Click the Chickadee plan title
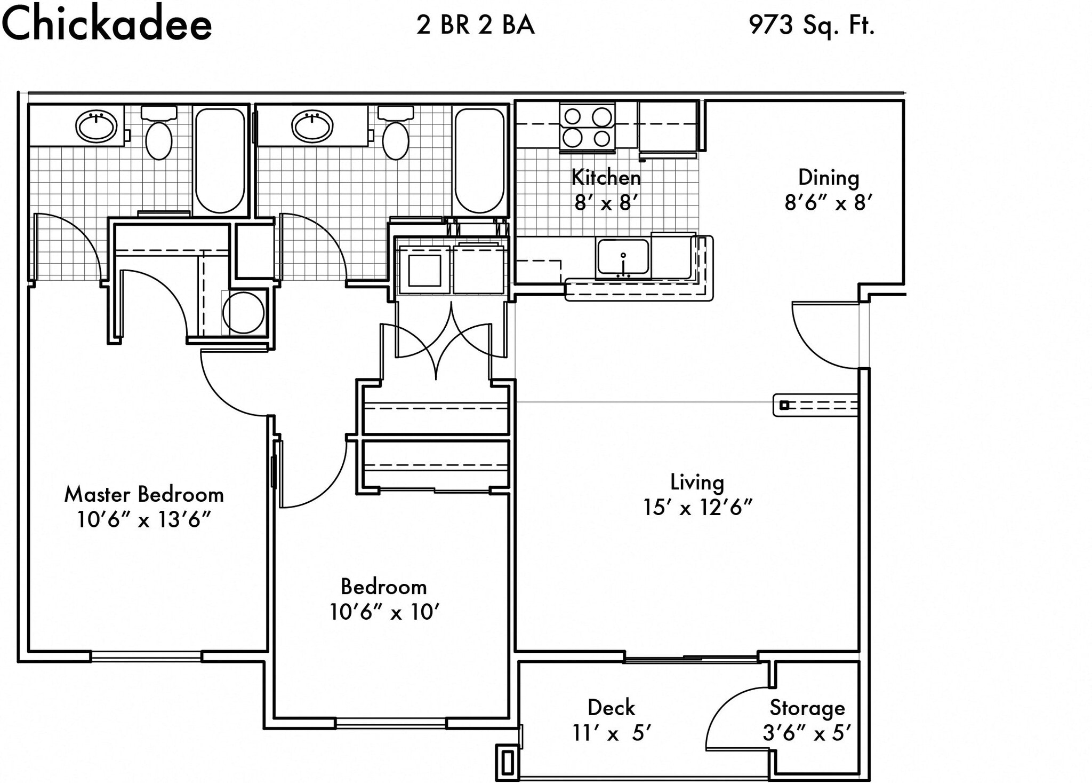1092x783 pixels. [107, 25]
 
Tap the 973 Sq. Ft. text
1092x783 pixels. [811, 25]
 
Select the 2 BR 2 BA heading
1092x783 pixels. [475, 25]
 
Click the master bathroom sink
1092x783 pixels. [96, 126]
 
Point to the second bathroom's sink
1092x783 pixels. [312, 126]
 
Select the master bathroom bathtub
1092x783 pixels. [220, 160]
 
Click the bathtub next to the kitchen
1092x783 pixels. [479, 160]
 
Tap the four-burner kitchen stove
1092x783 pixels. [587, 128]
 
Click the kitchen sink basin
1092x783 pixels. [623, 257]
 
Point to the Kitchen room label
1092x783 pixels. [606, 177]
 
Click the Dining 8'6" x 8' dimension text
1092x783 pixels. [828, 202]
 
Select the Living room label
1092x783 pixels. [697, 482]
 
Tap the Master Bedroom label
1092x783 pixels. [144, 494]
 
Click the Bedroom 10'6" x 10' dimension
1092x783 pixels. [384, 612]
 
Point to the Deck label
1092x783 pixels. [611, 708]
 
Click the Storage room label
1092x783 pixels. [807, 708]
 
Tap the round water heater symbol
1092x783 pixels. [244, 313]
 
